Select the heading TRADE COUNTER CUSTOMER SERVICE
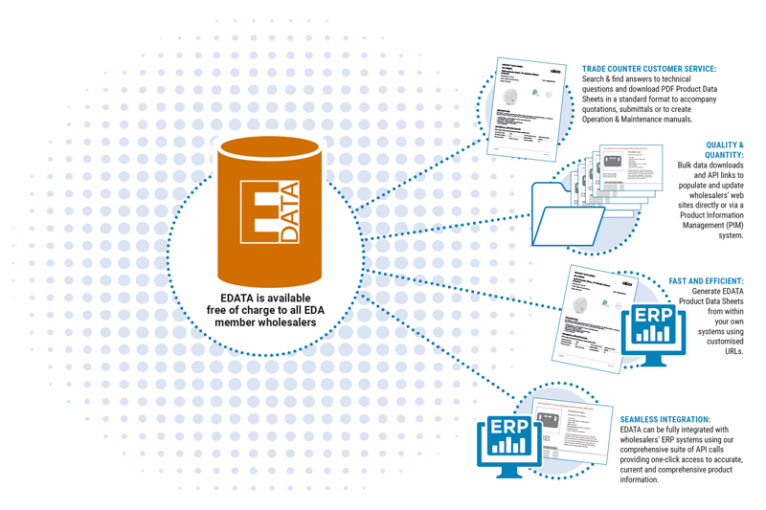tap(649, 69)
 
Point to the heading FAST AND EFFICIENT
tap(706, 281)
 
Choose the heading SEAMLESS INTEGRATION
tap(665, 419)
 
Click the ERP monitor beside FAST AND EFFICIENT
tap(653, 331)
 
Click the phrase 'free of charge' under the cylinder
tap(240, 308)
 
